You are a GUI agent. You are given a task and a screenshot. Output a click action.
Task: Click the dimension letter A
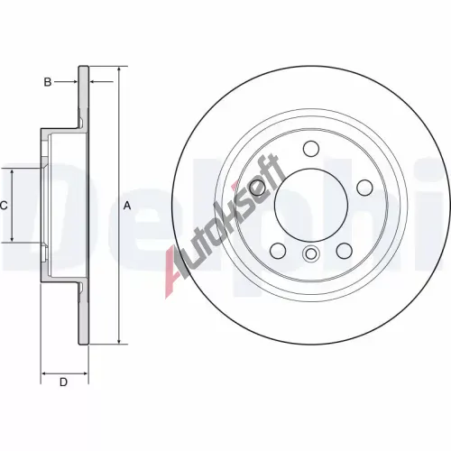coord(127,206)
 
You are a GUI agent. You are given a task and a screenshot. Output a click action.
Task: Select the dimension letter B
coord(48,82)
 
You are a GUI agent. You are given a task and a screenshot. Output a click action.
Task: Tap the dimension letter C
coord(4,206)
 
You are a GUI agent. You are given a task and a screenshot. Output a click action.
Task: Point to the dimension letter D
coord(63,382)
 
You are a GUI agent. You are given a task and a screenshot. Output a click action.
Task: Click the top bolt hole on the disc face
coord(311,149)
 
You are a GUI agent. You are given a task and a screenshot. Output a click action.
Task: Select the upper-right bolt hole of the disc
coord(365,188)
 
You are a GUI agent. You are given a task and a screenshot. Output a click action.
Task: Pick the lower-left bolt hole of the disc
coord(278,251)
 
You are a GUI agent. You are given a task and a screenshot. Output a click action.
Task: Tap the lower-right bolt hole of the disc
coord(345,251)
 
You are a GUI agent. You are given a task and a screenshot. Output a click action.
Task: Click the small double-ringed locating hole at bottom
coord(311,253)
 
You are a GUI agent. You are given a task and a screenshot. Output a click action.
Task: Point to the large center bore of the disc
coord(311,205)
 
